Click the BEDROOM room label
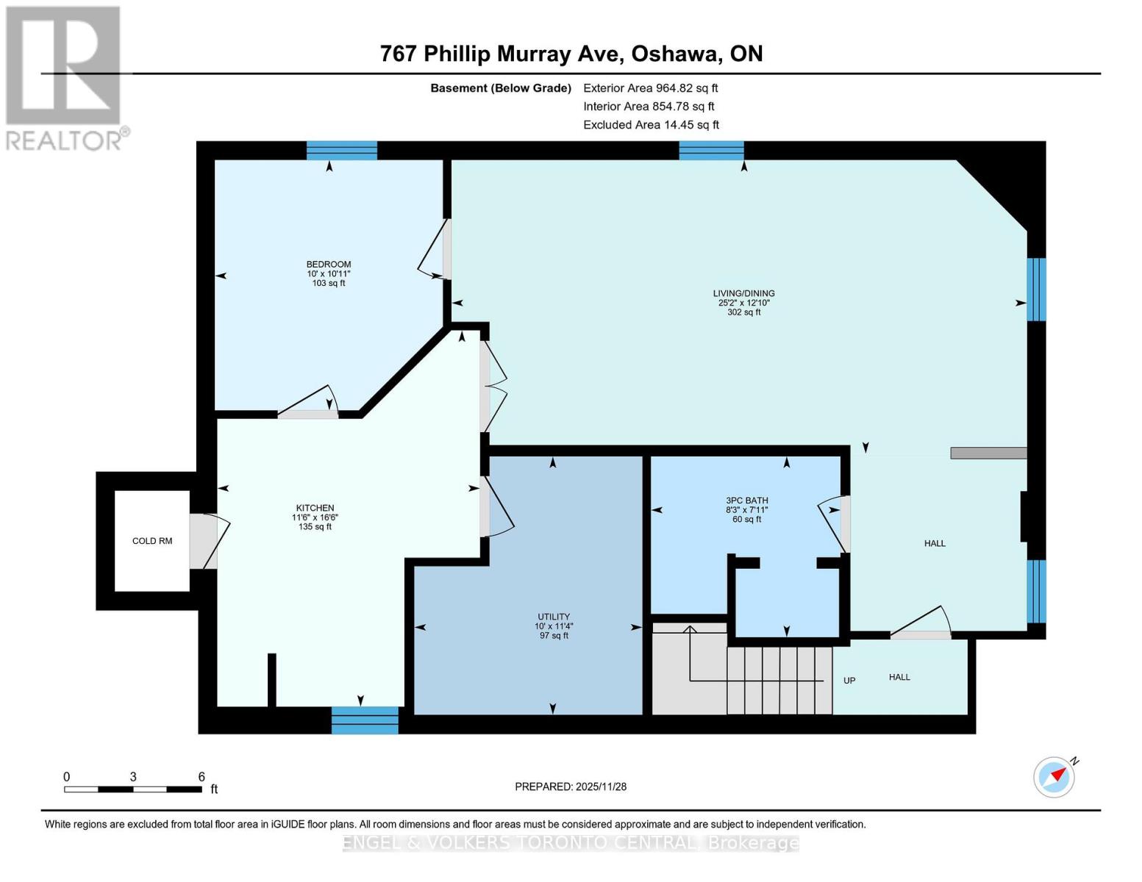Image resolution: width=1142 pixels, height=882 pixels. click(329, 265)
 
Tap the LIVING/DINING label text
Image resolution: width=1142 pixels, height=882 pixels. click(743, 293)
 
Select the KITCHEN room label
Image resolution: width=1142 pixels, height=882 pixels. click(315, 508)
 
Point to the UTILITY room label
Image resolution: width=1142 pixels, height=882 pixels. click(553, 617)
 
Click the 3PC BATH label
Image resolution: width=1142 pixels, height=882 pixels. click(746, 501)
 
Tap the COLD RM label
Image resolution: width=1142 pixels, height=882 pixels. click(152, 541)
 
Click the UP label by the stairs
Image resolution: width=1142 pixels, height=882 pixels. click(849, 681)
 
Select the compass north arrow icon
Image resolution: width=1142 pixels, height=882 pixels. click(1054, 776)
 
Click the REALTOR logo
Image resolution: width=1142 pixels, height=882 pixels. click(64, 77)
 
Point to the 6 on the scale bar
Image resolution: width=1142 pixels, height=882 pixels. click(201, 777)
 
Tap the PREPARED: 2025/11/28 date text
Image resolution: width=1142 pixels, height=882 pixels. click(571, 786)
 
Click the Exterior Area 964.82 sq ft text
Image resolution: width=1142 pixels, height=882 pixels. click(650, 88)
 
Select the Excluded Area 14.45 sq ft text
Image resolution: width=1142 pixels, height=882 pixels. click(651, 125)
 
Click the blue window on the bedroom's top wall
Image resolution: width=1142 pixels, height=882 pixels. click(341, 150)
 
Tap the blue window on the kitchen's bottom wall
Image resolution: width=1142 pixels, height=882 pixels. click(365, 720)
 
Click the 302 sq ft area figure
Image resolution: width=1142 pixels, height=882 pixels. click(743, 312)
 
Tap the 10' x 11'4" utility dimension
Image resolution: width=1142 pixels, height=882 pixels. click(553, 626)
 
